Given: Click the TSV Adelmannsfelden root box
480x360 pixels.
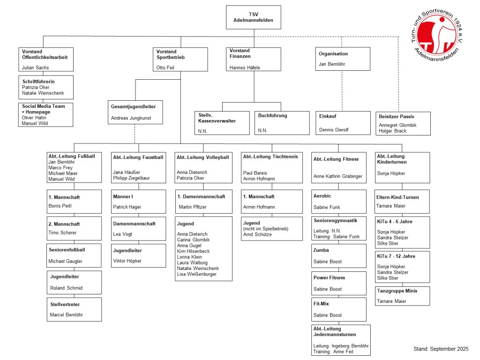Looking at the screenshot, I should click(253, 17).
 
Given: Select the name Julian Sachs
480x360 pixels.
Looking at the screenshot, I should click(35, 67).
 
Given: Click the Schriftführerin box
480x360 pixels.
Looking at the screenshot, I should click(46, 87).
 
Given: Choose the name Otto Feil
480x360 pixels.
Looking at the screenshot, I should click(165, 67).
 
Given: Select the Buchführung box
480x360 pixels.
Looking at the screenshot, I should click(283, 123).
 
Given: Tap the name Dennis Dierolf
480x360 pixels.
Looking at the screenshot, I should click(334, 129).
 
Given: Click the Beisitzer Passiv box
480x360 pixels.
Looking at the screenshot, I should click(403, 124).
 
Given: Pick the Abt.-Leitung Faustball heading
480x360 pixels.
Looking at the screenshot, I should click(138, 157).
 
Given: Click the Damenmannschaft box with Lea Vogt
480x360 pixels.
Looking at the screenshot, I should click(138, 229).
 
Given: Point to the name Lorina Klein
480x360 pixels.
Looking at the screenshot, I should click(189, 257).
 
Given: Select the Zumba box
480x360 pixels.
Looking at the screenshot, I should click(339, 256).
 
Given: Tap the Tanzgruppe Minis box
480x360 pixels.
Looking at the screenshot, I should click(403, 296).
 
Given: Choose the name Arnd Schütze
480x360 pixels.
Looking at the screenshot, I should click(257, 234).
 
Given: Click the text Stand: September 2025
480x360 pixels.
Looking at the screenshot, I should click(441, 349).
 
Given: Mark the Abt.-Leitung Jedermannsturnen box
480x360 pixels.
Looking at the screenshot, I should click(341, 340).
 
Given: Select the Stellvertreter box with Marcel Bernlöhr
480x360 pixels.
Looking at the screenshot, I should click(74, 309).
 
